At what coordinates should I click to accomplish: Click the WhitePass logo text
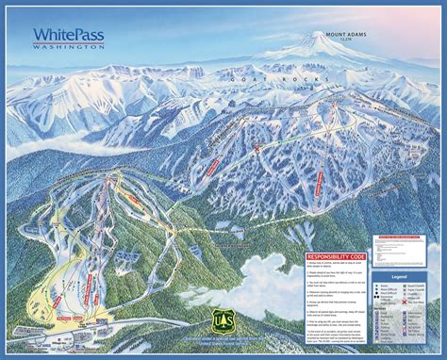coord(68,34)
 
